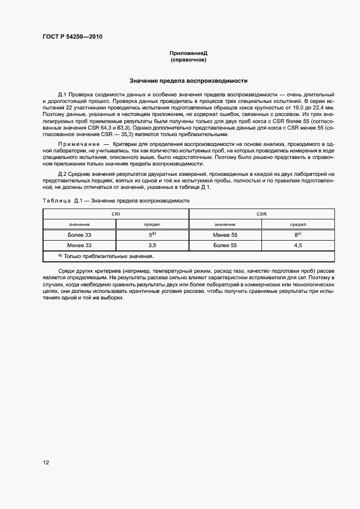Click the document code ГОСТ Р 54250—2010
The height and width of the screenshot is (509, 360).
[72, 37]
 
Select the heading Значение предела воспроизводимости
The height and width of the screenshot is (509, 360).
[188, 81]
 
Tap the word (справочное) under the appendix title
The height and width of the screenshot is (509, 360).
[188, 60]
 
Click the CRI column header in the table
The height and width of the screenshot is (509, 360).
[115, 214]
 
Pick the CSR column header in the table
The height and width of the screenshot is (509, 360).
[261, 214]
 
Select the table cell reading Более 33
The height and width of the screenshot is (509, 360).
[80, 235]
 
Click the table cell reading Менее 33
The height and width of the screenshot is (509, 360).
[80, 246]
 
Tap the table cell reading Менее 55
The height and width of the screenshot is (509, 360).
[225, 235]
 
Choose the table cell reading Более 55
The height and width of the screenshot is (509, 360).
[225, 246]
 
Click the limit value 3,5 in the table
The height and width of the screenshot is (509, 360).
[152, 246]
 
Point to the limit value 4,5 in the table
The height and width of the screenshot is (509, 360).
[298, 246]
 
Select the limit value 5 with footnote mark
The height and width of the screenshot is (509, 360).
[152, 235]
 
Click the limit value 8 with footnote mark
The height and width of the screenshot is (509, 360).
[298, 235]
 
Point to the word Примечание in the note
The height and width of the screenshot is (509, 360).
[77, 143]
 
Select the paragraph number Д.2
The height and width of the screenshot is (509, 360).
[63, 173]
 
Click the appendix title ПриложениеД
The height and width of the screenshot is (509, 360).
[188, 53]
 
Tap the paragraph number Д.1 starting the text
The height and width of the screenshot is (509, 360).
[63, 95]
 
